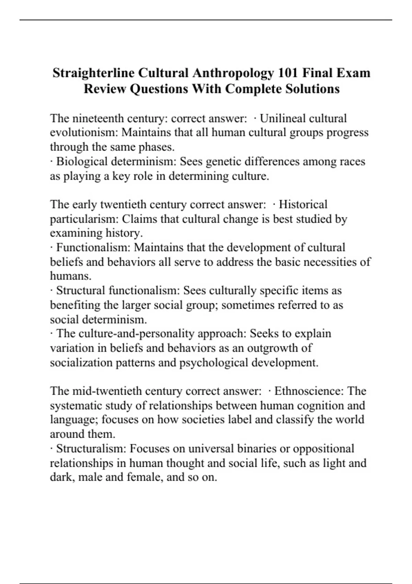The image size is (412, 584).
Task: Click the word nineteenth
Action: (99, 119)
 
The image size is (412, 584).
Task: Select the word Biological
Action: (81, 161)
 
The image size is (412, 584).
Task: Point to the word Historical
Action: (303, 204)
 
